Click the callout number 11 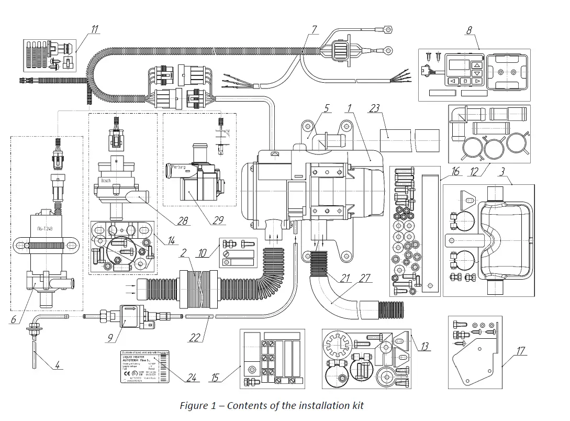coord(94,29)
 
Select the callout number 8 coord(469,30)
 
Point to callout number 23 coord(374,108)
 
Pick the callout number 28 coord(182,221)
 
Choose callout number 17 coord(520,351)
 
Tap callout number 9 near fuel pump coord(110,339)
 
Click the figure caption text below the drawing coord(271,405)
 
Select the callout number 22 coord(195,338)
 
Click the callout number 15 coord(215,378)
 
